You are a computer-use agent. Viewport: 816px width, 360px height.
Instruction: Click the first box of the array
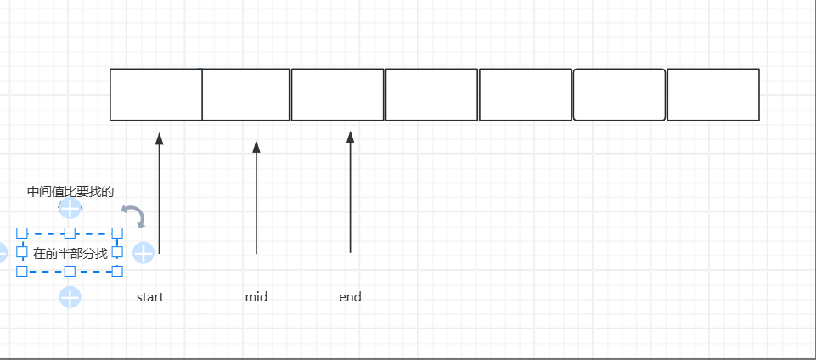pos(155,94)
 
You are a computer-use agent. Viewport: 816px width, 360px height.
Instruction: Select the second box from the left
pos(246,94)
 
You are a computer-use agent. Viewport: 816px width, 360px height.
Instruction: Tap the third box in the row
pos(337,94)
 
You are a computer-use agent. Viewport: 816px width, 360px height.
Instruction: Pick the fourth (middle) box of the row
pos(431,94)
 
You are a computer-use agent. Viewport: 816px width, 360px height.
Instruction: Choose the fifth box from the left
pos(525,94)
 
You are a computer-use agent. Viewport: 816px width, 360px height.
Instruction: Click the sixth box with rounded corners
pos(619,94)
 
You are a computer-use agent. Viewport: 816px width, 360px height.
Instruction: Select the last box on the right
pos(712,94)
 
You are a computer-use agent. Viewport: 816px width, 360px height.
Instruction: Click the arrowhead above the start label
pos(159,138)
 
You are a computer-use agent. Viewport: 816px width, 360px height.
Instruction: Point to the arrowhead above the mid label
pos(256,147)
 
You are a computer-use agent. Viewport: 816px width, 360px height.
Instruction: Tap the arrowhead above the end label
pos(350,138)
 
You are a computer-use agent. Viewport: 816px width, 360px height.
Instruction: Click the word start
pos(150,297)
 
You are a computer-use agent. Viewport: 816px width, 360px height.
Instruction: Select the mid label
pos(256,297)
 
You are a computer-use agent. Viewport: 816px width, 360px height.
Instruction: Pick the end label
pos(350,297)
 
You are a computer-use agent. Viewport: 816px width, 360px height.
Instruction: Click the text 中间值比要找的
pos(70,192)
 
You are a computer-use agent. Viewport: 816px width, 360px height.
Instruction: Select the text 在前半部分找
pos(70,253)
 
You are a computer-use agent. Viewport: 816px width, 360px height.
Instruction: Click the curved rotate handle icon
pos(133,216)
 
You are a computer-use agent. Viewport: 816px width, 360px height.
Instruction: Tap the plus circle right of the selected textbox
pos(144,252)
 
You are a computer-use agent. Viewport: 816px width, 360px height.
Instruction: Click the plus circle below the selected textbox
pos(70,297)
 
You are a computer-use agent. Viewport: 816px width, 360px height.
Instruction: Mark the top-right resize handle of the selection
pos(117,233)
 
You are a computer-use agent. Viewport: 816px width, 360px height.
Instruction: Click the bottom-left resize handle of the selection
pos(22,272)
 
